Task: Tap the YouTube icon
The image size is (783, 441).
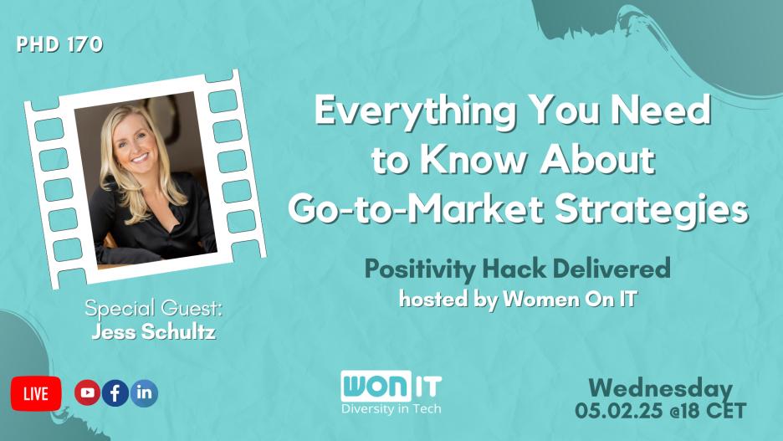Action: click(x=87, y=392)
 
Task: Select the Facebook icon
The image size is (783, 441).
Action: click(x=115, y=392)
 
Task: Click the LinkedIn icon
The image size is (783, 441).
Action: click(x=144, y=392)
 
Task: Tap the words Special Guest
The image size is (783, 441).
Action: click(x=154, y=310)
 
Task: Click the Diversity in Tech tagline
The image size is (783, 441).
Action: click(x=391, y=408)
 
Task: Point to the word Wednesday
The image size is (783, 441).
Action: click(x=660, y=388)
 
